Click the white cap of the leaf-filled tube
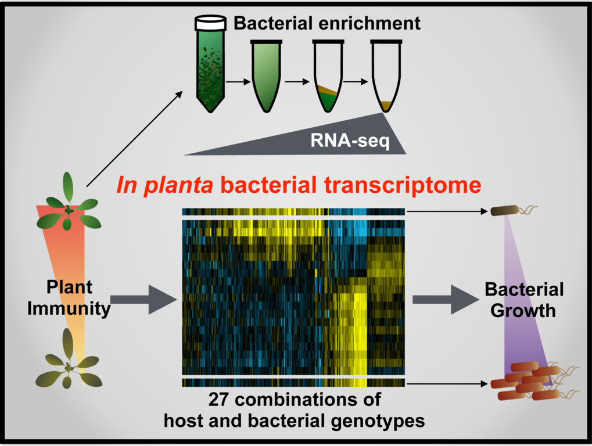click(211, 23)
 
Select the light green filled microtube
click(267, 76)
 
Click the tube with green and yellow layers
click(328, 76)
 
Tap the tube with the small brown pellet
click(386, 76)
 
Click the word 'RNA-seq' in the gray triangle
click(350, 141)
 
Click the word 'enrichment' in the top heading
click(369, 23)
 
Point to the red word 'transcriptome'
click(403, 185)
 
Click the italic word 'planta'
click(178, 186)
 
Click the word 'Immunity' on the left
click(69, 308)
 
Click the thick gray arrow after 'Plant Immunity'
click(143, 300)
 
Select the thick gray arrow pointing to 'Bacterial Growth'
click(446, 300)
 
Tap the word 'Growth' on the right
click(523, 311)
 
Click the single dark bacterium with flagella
click(514, 210)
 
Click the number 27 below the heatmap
click(218, 399)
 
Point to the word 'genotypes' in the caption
click(378, 421)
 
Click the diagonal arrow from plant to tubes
click(134, 138)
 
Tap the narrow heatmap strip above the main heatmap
click(293, 212)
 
